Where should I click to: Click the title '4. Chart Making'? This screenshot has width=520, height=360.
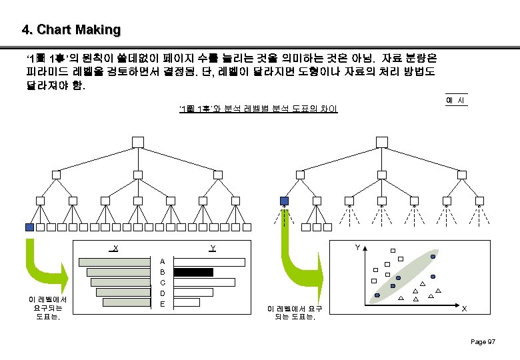click(x=71, y=30)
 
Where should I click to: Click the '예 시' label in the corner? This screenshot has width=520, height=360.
click(x=455, y=100)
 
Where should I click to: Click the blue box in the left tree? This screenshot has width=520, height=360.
click(x=29, y=227)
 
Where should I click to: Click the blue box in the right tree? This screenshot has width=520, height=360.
click(x=285, y=201)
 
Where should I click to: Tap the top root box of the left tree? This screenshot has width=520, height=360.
click(x=137, y=141)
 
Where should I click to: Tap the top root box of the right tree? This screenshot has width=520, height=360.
click(x=381, y=141)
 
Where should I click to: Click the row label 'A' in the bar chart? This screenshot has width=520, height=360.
click(x=163, y=261)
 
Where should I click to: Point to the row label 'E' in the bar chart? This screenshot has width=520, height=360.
click(x=163, y=304)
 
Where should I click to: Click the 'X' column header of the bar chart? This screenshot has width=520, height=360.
click(x=115, y=248)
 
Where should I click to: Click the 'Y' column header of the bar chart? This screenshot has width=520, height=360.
click(x=212, y=248)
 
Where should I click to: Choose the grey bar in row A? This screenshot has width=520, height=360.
click(x=115, y=261)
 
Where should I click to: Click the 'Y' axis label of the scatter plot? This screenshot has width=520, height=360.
click(x=357, y=247)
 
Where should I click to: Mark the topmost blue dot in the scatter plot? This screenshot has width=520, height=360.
click(x=433, y=257)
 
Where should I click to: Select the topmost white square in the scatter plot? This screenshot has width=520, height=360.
click(x=383, y=249)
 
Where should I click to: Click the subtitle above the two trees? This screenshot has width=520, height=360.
click(x=258, y=108)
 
